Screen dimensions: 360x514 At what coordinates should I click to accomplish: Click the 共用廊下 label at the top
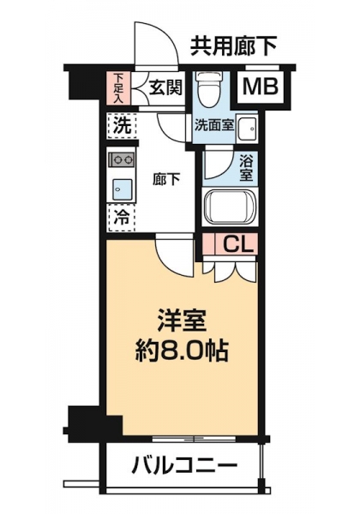234,46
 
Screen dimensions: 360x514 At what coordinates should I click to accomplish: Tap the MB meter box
260,87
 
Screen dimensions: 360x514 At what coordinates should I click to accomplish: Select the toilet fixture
208,89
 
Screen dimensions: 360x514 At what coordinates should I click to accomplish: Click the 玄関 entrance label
165,87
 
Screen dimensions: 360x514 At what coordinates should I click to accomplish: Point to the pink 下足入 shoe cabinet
118,88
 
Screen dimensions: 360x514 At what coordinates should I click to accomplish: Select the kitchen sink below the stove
123,190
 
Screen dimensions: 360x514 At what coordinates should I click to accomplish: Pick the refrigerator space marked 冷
122,217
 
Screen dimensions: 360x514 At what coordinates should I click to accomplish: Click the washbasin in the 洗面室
247,128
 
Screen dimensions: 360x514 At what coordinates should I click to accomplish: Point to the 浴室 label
246,169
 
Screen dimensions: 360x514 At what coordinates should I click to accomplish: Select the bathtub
229,208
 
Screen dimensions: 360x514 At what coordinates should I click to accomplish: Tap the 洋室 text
182,320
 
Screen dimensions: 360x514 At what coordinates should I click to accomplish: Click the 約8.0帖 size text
182,352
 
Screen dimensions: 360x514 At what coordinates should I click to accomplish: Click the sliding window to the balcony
195,438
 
